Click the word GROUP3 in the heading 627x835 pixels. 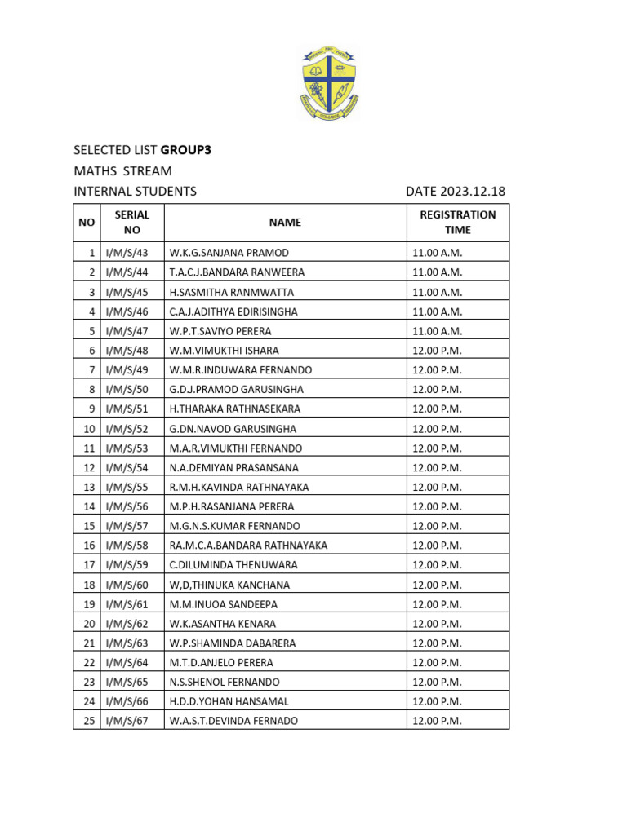click(191, 150)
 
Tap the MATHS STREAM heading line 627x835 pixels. click(122, 170)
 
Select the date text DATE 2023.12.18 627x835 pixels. click(456, 192)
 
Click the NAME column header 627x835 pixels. click(285, 222)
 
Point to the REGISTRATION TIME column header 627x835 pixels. click(457, 222)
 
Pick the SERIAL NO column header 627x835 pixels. click(132, 222)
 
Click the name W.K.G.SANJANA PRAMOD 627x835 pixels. click(229, 253)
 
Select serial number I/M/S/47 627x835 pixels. click(127, 331)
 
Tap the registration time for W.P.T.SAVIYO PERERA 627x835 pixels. click(438, 331)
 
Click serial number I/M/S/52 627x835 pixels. click(127, 428)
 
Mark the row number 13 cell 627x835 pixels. click(87, 487)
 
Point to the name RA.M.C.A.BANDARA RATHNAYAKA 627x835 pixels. click(248, 546)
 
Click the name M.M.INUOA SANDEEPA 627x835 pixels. click(223, 604)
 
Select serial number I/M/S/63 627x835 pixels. click(127, 643)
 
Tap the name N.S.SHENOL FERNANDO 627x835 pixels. click(224, 682)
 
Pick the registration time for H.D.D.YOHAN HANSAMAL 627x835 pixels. click(438, 701)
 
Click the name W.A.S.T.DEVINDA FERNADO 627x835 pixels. click(233, 721)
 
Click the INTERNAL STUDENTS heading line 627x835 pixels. click(135, 192)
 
